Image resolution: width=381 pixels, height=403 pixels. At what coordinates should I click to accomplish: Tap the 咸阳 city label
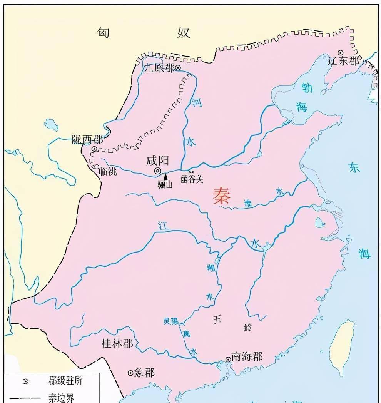[x=158, y=161]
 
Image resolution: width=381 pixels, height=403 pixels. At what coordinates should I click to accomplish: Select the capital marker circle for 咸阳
[x=158, y=171]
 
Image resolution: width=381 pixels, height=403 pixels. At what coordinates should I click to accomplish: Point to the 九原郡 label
[x=159, y=68]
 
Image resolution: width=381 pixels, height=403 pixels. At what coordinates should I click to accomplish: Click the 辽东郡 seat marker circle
[x=340, y=53]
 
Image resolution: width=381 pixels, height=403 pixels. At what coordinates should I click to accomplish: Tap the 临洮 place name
[x=108, y=172]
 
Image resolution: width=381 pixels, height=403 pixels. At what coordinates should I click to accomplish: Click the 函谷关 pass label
[x=192, y=179]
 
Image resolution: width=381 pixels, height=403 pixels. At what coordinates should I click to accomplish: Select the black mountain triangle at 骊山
[x=165, y=177]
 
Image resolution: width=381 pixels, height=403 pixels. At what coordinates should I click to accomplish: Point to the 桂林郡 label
[x=117, y=343]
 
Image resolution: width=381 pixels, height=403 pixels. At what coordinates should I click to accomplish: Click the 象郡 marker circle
[x=130, y=373]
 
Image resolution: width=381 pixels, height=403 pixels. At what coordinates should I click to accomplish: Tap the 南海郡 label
[x=247, y=357]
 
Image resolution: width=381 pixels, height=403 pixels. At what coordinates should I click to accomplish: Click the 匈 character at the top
[x=103, y=33]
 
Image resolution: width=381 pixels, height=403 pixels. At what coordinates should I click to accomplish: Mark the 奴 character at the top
[x=184, y=33]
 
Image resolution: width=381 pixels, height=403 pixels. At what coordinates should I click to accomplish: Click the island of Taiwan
[x=342, y=346]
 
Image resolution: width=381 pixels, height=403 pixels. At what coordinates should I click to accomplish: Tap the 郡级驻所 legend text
[x=65, y=381]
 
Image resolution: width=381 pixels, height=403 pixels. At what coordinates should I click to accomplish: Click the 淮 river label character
[x=248, y=204]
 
